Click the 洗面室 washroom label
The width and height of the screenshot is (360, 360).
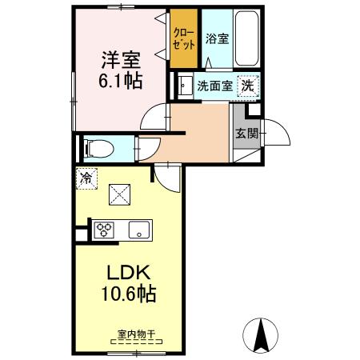pos(214,86)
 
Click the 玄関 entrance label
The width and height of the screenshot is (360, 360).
pos(246,134)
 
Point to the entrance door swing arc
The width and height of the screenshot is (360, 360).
pos(274,130)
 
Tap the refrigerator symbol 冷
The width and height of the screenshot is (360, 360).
pos(85,178)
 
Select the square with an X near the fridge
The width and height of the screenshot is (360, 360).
pos(118,194)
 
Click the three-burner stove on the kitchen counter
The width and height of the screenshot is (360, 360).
pos(106,230)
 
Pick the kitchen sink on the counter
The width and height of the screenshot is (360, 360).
pos(139,230)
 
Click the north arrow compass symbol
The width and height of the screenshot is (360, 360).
pos(260,334)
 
